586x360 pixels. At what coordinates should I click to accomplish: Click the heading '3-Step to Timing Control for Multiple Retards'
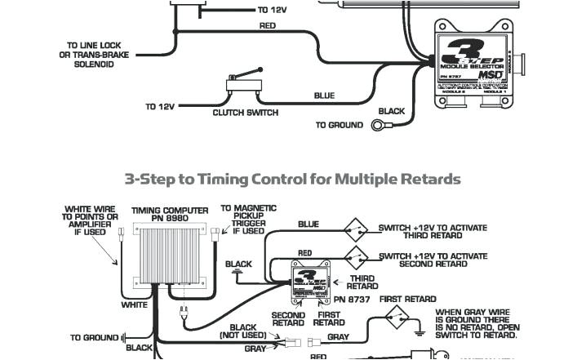(x=292, y=179)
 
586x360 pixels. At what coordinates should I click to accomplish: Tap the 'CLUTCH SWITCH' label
(x=245, y=113)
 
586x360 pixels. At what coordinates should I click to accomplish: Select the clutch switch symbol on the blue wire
(x=241, y=84)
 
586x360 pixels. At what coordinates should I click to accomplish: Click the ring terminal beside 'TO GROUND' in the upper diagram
(x=380, y=125)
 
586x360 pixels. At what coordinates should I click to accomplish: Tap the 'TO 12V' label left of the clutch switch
(x=160, y=106)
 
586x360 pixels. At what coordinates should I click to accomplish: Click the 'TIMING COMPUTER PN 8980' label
(x=169, y=215)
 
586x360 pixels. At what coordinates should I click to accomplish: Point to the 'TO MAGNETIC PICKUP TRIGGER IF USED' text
(x=248, y=220)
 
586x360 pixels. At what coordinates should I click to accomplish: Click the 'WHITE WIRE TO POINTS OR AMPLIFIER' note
(x=91, y=220)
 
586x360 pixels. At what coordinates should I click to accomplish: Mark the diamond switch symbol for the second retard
(x=356, y=255)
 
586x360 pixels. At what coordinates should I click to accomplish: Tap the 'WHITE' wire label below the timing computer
(x=135, y=304)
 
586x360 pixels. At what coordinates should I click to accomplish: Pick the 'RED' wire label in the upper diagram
(x=268, y=26)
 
